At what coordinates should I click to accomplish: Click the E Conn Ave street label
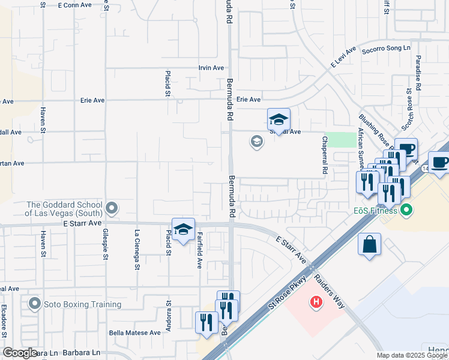pos(75,4)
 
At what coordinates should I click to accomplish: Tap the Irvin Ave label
pos(211,68)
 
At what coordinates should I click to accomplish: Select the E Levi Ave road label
pos(343,58)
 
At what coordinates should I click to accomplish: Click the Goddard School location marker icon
pos(111,208)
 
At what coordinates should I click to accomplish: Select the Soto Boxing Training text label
pos(82,304)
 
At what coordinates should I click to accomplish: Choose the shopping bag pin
pos(369,245)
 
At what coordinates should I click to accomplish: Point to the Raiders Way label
pos(328,292)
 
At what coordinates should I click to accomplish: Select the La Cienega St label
pos(137,250)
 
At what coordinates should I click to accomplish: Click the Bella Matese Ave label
pos(134,332)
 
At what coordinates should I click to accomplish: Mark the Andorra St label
pos(169,314)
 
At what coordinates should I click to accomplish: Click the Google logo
pos(20,353)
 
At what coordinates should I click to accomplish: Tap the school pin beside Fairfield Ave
pos(183,229)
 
